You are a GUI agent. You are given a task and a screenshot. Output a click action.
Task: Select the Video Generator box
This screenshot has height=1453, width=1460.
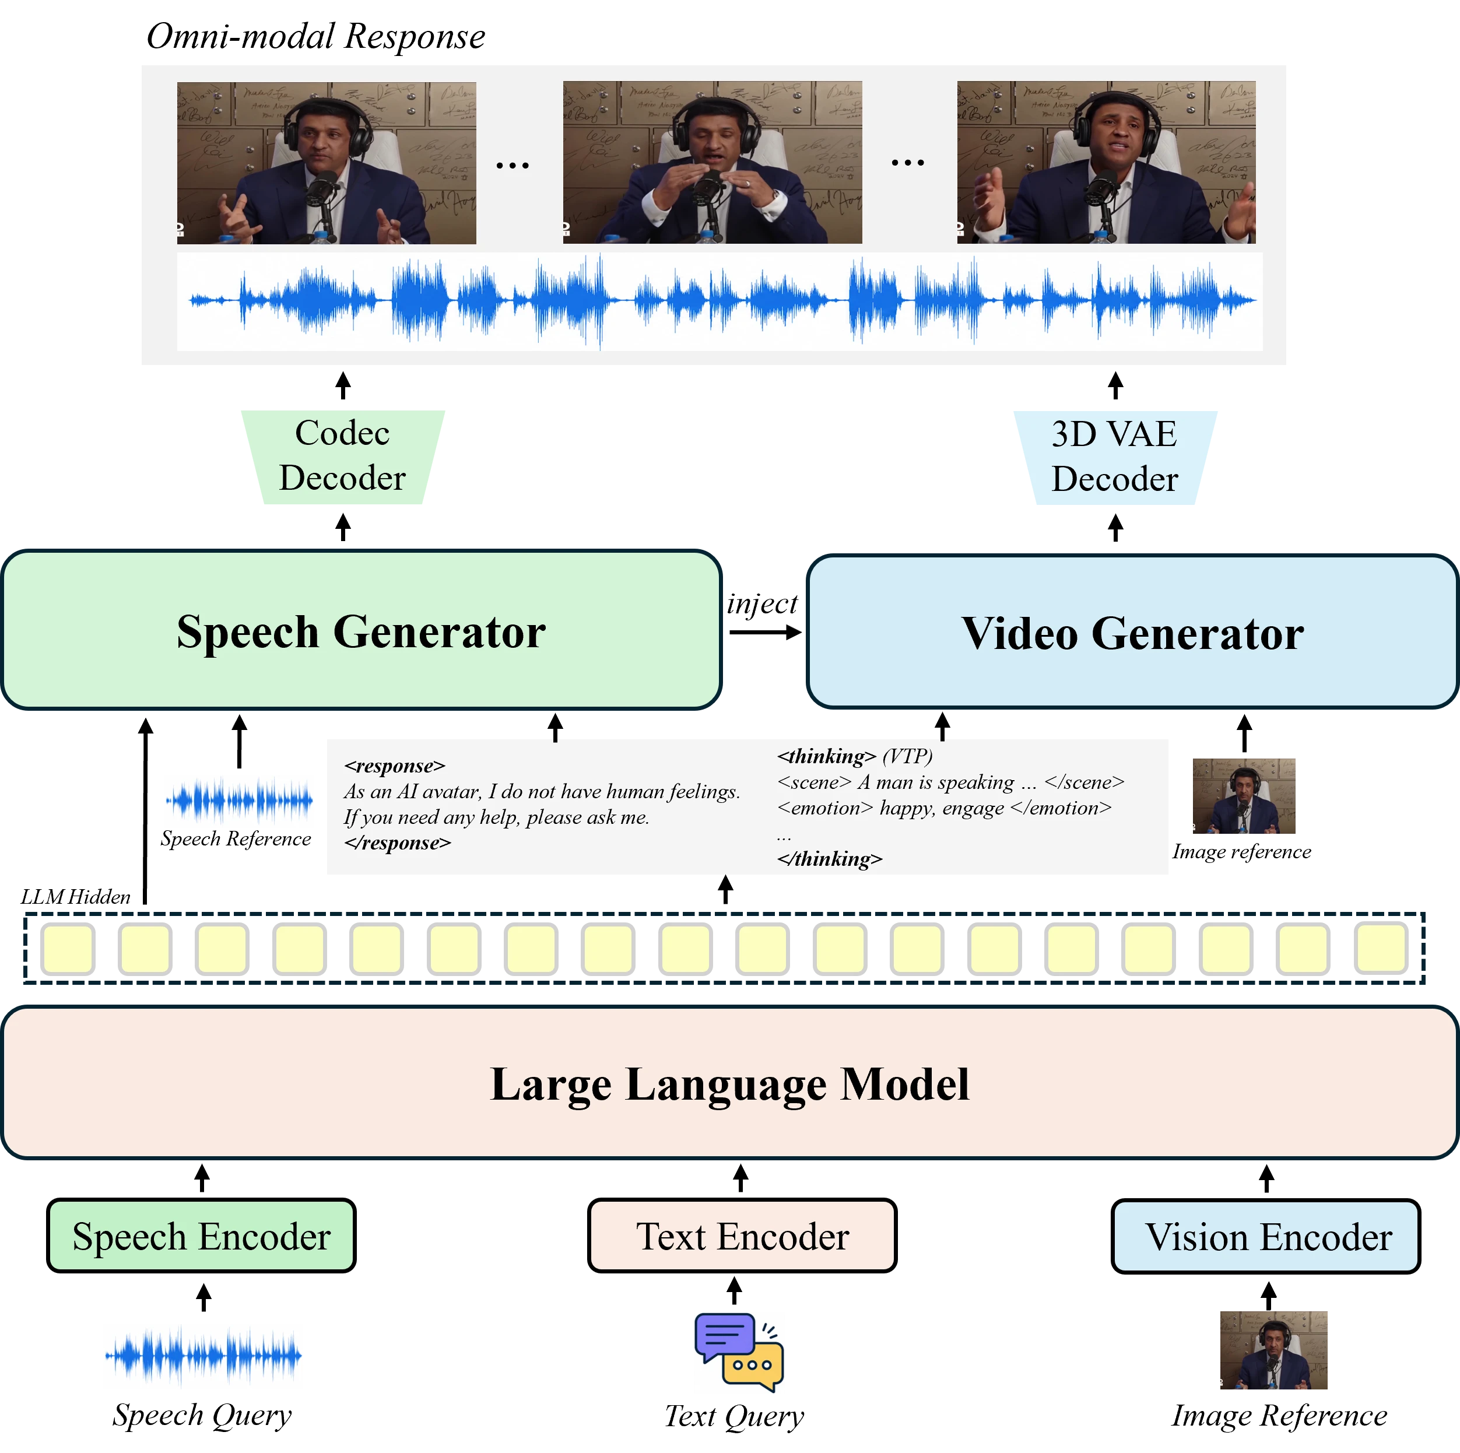[x=1132, y=631]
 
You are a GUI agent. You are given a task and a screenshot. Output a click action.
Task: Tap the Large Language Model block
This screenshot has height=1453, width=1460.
[x=729, y=1083]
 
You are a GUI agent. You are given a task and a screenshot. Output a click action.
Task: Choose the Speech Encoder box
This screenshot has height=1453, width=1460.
[x=201, y=1236]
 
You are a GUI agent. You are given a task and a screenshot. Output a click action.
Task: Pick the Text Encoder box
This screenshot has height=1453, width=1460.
[x=742, y=1236]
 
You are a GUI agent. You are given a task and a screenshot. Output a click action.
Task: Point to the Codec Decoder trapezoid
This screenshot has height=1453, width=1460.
[x=343, y=457]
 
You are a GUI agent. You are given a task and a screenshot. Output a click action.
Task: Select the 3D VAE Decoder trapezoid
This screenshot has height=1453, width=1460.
[x=1115, y=457]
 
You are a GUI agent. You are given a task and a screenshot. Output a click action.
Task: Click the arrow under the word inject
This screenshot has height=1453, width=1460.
[x=765, y=633]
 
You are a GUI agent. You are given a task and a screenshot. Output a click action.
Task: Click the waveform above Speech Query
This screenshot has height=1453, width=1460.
[x=203, y=1356]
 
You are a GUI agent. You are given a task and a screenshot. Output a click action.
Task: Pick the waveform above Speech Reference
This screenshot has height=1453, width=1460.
[x=239, y=799]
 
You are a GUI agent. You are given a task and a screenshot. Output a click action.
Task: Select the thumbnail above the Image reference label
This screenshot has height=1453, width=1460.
[x=1244, y=796]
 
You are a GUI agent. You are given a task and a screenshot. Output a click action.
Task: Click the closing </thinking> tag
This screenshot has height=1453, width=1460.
[x=830, y=859]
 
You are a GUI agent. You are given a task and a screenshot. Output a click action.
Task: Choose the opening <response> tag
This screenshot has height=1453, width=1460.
[x=395, y=766]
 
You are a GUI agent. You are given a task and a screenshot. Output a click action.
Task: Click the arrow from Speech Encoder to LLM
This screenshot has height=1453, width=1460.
[x=202, y=1178]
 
